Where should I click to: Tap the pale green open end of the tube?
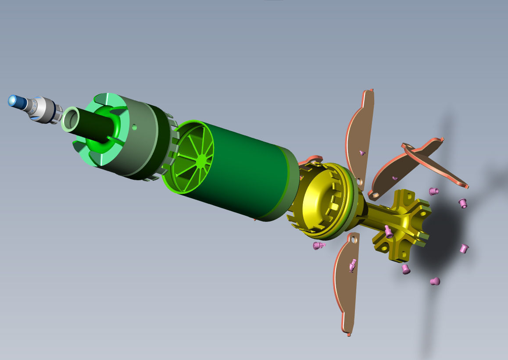pyautogui.click(x=70, y=119)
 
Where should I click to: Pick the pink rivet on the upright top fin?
pyautogui.click(x=362, y=153)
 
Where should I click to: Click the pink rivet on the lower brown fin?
pyautogui.click(x=352, y=265)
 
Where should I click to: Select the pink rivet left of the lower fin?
pyautogui.click(x=318, y=246)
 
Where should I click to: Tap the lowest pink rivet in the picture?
pyautogui.click(x=435, y=281)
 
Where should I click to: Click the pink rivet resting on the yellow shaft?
pyautogui.click(x=389, y=230)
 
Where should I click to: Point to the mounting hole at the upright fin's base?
pyautogui.click(x=359, y=180)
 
